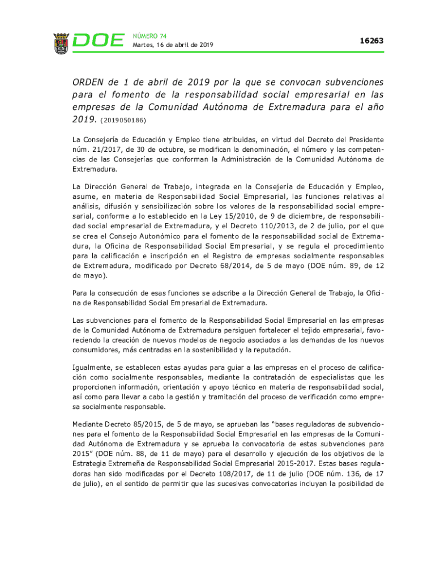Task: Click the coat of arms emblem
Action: click(61, 43)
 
